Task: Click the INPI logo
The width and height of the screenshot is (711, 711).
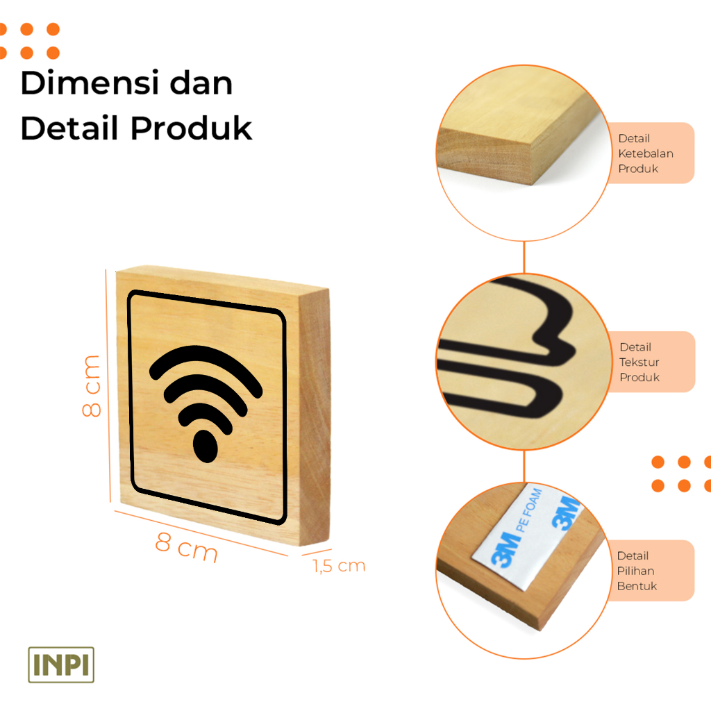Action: tap(61, 664)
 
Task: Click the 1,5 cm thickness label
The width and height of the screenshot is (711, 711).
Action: tap(339, 566)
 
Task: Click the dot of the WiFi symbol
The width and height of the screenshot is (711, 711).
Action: tap(204, 446)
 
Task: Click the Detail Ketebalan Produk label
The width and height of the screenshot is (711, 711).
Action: tap(645, 153)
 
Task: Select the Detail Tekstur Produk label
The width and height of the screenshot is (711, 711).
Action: tap(639, 362)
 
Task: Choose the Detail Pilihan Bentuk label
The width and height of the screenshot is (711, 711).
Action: tap(636, 571)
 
